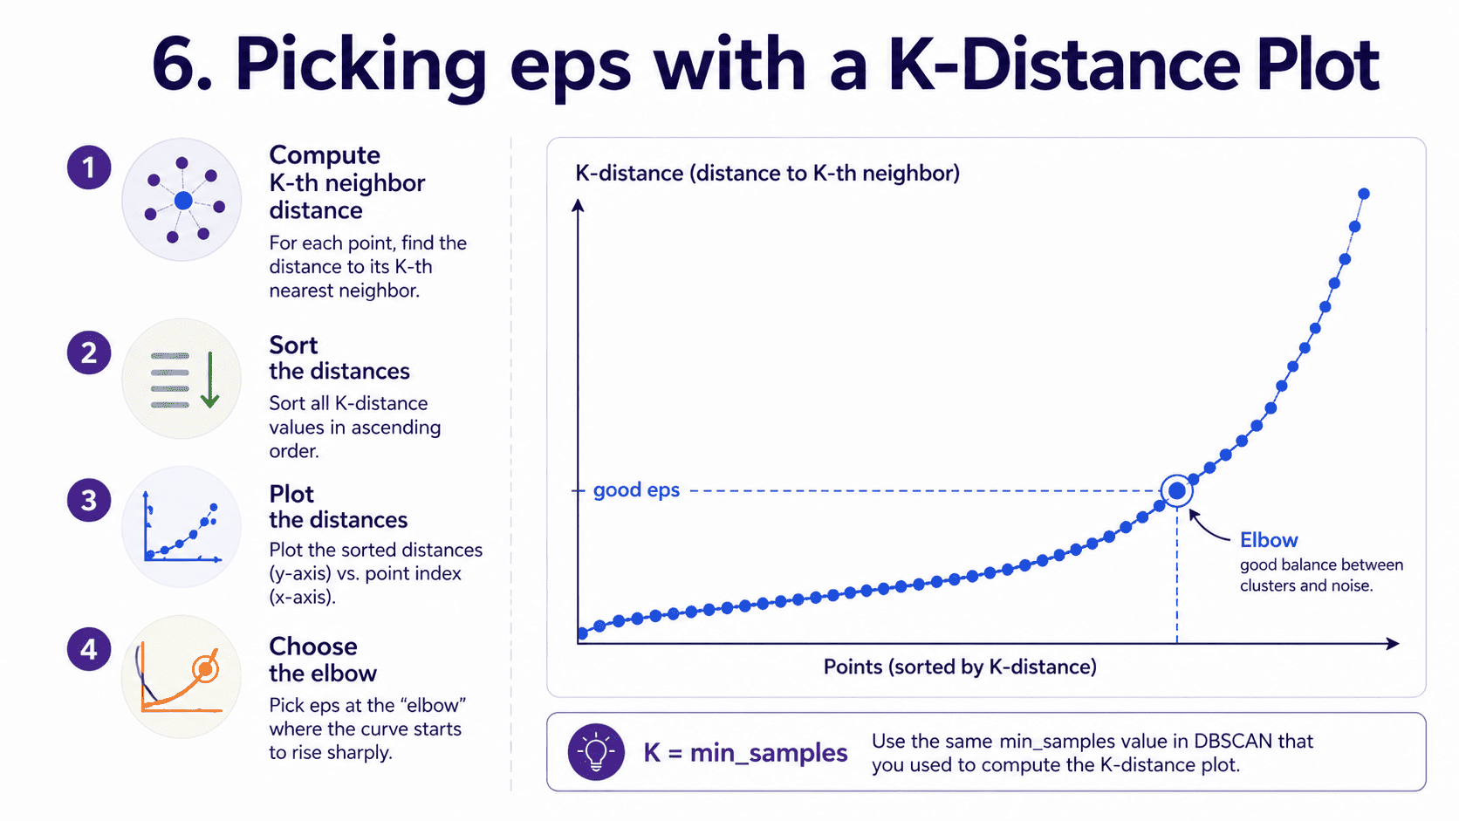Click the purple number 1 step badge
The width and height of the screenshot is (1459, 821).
[89, 168]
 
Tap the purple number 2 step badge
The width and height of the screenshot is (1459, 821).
[89, 352]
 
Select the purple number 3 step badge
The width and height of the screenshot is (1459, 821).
[89, 500]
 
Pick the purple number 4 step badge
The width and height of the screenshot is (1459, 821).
[89, 648]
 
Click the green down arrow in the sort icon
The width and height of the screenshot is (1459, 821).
[209, 380]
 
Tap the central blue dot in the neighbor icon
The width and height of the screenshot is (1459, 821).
[183, 201]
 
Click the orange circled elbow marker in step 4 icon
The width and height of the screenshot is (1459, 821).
[206, 668]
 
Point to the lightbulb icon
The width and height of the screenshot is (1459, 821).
[596, 752]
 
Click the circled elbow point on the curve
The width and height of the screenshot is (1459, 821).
[1176, 491]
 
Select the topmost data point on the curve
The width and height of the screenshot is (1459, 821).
[1364, 194]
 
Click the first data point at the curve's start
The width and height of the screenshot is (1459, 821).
[583, 633]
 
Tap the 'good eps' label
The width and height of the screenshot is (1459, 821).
[636, 489]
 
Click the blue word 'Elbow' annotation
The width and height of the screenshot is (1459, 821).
[1269, 540]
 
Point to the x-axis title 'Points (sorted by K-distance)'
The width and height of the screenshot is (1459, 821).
[960, 667]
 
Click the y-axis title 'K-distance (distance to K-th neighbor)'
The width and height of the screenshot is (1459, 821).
[767, 173]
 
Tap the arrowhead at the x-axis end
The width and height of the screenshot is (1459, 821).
[1393, 643]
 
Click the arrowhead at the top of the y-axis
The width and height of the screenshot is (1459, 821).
[578, 206]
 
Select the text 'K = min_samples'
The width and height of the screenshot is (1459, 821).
[746, 753]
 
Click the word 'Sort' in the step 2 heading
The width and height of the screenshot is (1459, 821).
[293, 346]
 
